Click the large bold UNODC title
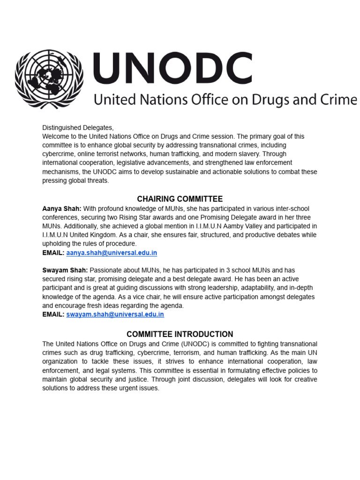[x=173, y=68]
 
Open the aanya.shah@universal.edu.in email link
[x=112, y=253]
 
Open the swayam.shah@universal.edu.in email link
[x=115, y=315]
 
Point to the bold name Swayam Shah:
[x=65, y=270]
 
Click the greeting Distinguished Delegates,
[x=78, y=127]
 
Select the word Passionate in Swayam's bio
[x=105, y=270]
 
